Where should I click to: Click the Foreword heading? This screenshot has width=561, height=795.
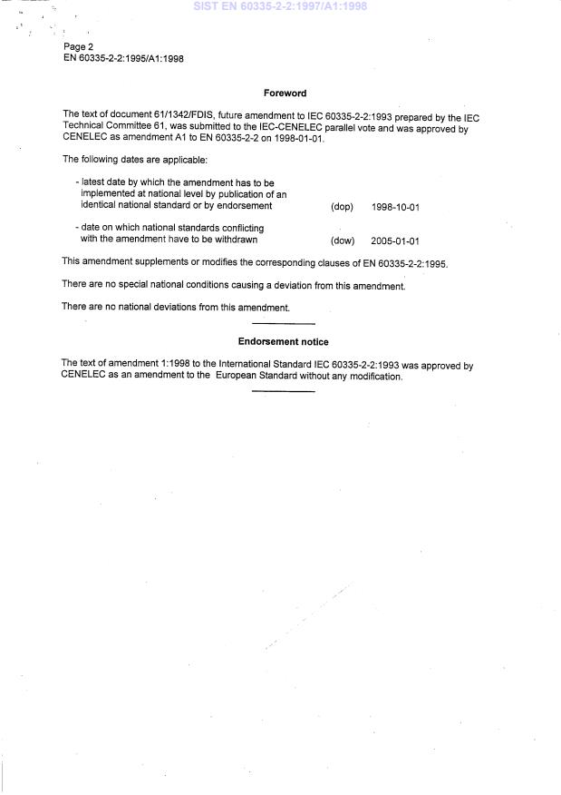[x=284, y=93]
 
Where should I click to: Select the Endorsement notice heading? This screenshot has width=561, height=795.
[x=283, y=342]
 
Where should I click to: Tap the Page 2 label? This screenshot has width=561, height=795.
[x=78, y=46]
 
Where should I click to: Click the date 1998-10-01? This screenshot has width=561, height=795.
[x=395, y=208]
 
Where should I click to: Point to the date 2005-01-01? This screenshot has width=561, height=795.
[x=395, y=241]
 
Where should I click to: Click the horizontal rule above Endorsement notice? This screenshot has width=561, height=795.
[x=283, y=324]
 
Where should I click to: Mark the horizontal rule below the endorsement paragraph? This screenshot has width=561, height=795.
[x=283, y=391]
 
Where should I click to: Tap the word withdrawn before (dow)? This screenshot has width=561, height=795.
[x=236, y=240]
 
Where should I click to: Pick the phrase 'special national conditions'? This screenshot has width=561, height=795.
[x=166, y=285]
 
